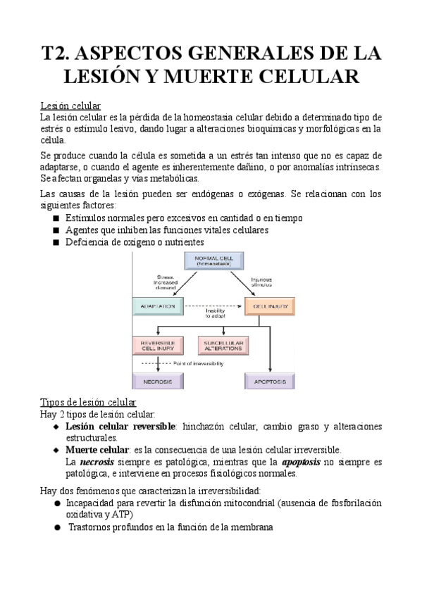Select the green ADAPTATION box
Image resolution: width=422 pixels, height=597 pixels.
tap(158, 306)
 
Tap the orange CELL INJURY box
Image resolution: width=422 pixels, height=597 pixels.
tap(270, 306)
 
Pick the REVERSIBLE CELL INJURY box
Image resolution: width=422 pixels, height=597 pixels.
tap(157, 346)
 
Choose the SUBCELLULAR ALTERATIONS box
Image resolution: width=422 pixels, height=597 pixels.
tap(222, 346)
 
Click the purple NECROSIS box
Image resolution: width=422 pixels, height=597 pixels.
tap(157, 381)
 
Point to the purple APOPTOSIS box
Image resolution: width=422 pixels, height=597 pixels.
tap(270, 381)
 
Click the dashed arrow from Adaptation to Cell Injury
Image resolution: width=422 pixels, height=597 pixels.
tap(214, 306)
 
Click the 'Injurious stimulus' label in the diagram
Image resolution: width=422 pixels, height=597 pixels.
tap(262, 281)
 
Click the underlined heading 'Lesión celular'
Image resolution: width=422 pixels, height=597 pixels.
tap(70, 105)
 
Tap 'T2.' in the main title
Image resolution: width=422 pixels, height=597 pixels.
tap(57, 54)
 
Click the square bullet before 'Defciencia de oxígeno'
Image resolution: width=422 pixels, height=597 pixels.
tap(56, 242)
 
